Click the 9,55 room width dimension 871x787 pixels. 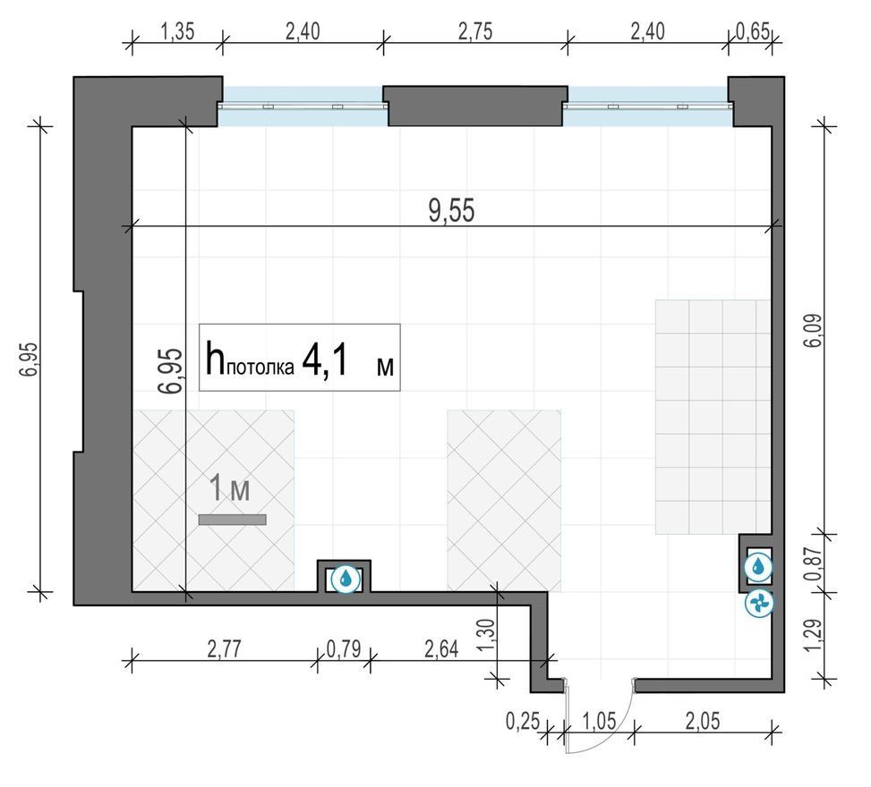451,211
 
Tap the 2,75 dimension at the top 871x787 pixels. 475,31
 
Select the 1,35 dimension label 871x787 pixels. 178,31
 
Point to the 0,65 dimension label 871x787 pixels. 753,31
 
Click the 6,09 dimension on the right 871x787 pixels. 815,331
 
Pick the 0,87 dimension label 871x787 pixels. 815,564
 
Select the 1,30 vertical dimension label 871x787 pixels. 485,636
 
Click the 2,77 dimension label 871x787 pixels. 225,648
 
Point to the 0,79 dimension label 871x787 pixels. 344,648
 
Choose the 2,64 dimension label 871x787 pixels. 441,648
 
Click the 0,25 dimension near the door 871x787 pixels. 523,721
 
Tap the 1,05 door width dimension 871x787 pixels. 600,721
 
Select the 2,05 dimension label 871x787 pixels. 703,721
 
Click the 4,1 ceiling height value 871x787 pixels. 326,360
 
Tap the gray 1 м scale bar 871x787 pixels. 232,520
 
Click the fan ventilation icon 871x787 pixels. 759,604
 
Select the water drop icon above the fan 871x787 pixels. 759,567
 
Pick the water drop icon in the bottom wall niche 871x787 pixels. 345,580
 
